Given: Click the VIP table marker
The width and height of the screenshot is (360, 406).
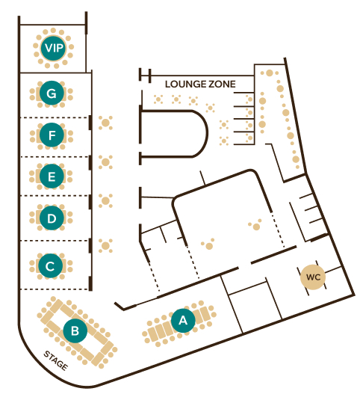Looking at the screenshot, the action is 53,48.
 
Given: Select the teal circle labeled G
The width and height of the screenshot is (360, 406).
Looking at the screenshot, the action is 52,93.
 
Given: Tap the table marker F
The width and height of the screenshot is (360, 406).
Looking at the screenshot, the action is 52,135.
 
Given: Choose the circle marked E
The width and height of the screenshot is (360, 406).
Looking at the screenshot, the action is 52,176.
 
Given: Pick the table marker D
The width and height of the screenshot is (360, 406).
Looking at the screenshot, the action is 52,218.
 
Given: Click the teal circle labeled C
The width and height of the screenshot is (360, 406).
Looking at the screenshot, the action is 51,265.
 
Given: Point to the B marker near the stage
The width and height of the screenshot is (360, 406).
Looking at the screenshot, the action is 75,330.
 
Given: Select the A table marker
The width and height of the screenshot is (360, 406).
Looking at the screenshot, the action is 183,321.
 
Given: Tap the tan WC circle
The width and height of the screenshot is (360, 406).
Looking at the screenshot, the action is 313,277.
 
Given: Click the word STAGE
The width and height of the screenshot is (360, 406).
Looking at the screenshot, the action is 56,360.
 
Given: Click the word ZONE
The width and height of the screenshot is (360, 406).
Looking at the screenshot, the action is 222,84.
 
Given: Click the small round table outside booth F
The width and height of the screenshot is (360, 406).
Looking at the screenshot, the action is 105,123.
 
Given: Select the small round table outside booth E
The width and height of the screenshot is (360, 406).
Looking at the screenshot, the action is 105,162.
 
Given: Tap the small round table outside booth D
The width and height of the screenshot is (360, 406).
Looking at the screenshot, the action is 105,200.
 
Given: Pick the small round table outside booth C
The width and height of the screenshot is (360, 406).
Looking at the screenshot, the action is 105,246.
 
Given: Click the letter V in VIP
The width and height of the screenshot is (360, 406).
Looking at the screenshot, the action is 49,48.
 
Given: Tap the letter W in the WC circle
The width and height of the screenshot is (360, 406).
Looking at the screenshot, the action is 310,277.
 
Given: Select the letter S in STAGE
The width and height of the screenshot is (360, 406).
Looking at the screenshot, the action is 47,354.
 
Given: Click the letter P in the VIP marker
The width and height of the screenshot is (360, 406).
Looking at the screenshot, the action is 60,48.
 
